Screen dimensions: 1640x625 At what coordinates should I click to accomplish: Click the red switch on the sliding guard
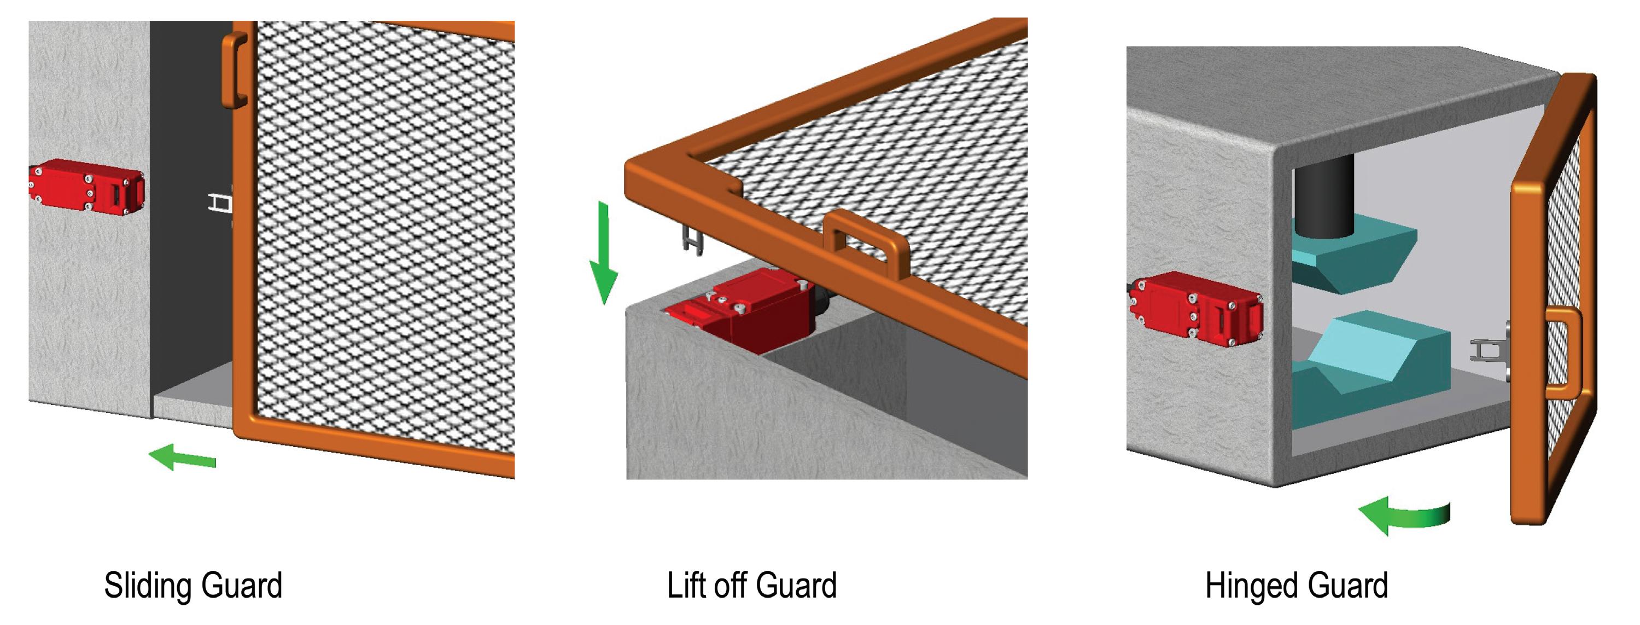click(86, 186)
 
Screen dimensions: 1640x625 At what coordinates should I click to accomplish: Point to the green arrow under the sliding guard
click(182, 457)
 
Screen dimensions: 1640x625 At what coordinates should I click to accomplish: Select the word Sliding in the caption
click(147, 586)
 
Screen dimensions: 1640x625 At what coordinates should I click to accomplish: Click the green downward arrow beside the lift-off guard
click(603, 253)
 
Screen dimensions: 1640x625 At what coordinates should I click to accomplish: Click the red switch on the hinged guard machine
click(1195, 308)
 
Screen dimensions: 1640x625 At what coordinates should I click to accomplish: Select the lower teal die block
click(1369, 366)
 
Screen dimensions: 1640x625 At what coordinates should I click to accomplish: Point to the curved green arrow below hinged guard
click(1404, 515)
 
